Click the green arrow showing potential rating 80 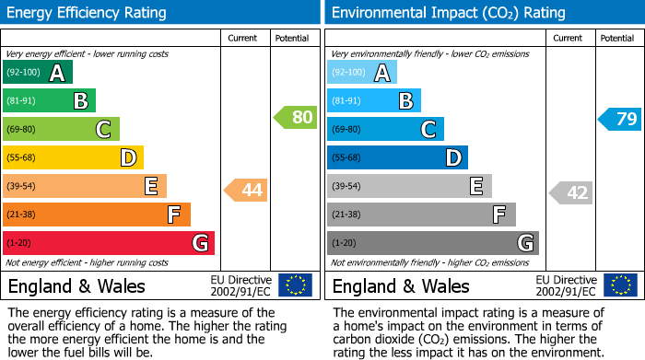click(x=296, y=118)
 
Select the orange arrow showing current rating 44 click(x=246, y=191)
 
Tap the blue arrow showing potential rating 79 click(x=620, y=119)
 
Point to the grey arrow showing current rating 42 click(x=571, y=192)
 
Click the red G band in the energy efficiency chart click(x=108, y=243)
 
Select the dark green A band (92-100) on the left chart click(x=37, y=73)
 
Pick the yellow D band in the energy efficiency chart click(x=73, y=158)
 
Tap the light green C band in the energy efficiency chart click(x=61, y=130)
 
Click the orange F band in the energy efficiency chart click(x=96, y=215)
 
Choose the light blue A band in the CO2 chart click(x=362, y=73)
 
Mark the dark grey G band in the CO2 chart click(x=432, y=243)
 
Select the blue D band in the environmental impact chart click(x=397, y=158)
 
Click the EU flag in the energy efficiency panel click(x=295, y=285)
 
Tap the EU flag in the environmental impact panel click(x=619, y=285)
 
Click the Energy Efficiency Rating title click(x=88, y=13)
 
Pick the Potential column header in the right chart click(x=617, y=38)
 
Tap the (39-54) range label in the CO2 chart click(x=347, y=186)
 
